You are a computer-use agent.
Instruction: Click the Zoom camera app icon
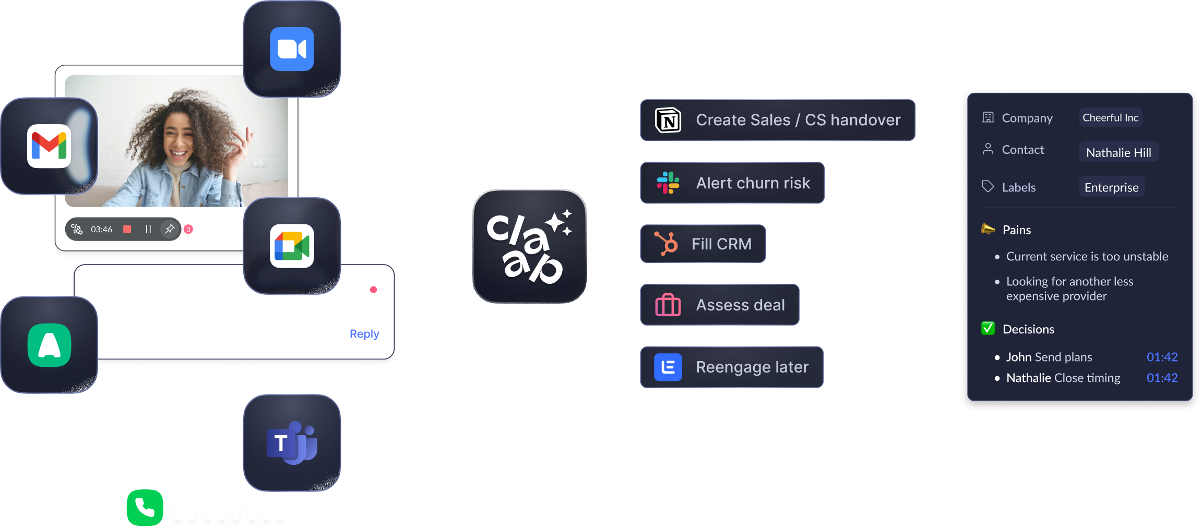[292, 49]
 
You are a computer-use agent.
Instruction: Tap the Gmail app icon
[49, 146]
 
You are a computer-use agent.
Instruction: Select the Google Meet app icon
[292, 246]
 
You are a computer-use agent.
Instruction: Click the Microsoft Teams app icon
[292, 442]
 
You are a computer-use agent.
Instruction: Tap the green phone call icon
[145, 507]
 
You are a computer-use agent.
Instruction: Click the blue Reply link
[364, 334]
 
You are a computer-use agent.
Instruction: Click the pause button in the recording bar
[148, 229]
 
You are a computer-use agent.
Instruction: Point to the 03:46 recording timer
[101, 230]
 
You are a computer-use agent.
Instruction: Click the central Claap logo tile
[529, 246]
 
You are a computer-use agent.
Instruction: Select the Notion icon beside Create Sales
[668, 121]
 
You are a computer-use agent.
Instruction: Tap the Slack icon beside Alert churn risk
[668, 183]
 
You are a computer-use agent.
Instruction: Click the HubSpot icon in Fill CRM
[667, 244]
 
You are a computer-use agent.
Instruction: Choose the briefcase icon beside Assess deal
[668, 305]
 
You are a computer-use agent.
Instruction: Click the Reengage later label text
[752, 367]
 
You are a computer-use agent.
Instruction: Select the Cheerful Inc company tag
[1110, 118]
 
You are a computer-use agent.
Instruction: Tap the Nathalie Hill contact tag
[1118, 153]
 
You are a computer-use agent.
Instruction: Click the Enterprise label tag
[1112, 187]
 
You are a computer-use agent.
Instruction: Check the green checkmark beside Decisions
[987, 329]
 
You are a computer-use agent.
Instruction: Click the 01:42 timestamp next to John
[1162, 357]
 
